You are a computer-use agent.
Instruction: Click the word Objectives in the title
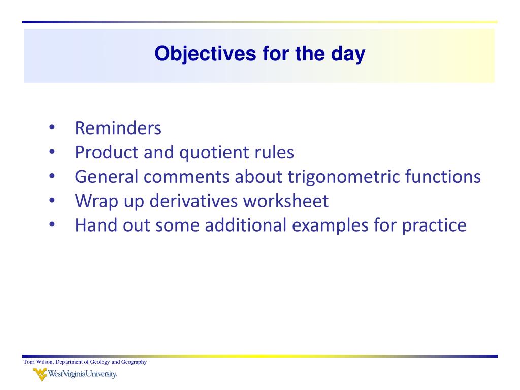coord(205,54)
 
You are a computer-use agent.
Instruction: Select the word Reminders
coord(118,128)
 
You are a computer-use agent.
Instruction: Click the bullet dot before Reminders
coord(52,127)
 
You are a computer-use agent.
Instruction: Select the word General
coord(107,176)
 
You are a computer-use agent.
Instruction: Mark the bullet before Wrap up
coord(52,200)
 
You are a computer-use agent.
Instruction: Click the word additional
coord(245,225)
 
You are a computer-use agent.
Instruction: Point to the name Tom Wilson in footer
coord(39,362)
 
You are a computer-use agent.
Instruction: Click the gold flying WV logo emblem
coord(40,375)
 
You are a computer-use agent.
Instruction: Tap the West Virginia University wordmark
coord(83,374)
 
